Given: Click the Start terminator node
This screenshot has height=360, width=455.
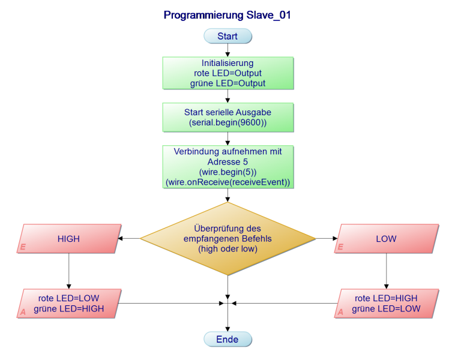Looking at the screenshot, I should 227,36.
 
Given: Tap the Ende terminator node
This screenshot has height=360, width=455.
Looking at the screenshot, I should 227,340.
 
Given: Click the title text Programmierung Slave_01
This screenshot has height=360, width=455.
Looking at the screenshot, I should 227,16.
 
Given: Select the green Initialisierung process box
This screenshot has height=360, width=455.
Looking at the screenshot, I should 227,73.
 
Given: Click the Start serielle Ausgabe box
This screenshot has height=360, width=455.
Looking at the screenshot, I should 227,118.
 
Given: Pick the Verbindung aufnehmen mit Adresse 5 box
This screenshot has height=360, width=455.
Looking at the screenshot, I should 227,167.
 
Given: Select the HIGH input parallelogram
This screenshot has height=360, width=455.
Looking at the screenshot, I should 68,239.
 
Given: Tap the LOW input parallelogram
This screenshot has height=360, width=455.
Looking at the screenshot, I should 386,239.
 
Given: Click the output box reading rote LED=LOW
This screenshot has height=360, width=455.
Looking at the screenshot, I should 68,304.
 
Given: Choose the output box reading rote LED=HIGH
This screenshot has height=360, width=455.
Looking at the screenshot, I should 386,304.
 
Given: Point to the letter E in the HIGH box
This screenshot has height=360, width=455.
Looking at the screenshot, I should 23,247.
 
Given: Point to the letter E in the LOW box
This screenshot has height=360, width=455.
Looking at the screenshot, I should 340,247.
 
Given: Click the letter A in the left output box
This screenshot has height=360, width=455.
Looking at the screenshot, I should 23,313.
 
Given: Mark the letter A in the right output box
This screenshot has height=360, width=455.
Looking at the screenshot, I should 340,313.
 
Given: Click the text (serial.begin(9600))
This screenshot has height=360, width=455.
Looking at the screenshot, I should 227,123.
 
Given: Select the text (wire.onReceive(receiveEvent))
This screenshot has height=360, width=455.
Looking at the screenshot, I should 227,182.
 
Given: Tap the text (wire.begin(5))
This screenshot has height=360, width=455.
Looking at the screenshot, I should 227,172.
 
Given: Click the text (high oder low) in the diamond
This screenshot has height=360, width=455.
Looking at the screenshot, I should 227,249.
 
